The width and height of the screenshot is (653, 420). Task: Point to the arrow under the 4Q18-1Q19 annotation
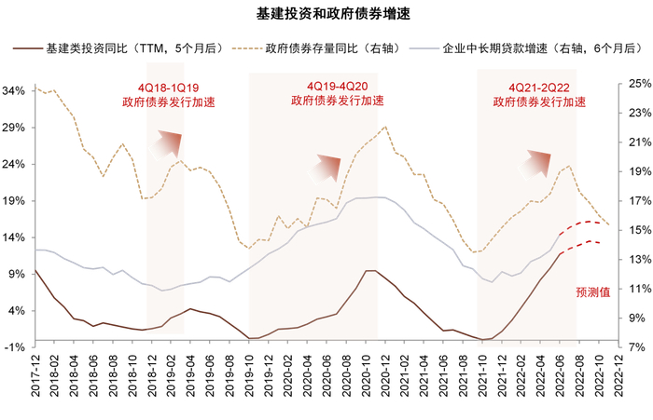pos(169,143)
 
